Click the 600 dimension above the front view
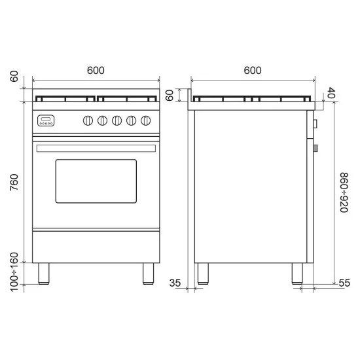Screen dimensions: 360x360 click(x=96, y=71)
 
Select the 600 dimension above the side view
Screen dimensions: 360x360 click(x=253, y=71)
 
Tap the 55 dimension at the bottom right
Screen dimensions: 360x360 click(x=345, y=283)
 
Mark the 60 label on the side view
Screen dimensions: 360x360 click(x=170, y=96)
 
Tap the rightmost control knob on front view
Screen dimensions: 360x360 click(x=147, y=120)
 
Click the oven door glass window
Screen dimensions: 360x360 click(x=96, y=181)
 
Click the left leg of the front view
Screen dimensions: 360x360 click(x=45, y=273)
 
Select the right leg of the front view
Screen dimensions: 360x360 click(x=147, y=273)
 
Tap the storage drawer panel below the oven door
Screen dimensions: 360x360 click(x=96, y=247)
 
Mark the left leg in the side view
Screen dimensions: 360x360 click(x=203, y=273)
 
